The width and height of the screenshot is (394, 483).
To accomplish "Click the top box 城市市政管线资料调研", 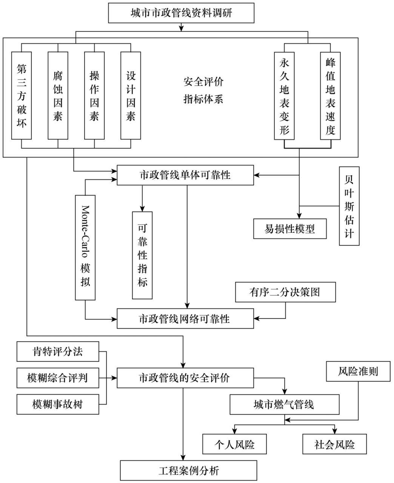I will click(181, 13).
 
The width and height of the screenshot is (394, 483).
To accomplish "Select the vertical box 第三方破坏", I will click(22, 95).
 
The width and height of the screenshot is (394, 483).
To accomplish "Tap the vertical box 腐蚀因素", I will click(58, 95).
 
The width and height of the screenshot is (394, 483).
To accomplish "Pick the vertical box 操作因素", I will click(94, 95).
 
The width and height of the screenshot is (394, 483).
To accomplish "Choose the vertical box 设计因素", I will click(131, 95).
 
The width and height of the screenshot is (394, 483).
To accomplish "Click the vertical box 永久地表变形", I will click(284, 95).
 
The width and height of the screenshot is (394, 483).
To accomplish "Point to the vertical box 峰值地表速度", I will click(330, 95).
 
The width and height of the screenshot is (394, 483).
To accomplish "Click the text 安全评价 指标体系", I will click(203, 91).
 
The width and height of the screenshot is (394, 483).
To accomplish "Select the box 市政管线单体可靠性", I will click(185, 175).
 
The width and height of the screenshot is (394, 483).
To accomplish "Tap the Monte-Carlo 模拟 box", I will click(85, 248).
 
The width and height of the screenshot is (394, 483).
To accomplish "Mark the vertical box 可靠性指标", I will click(142, 255).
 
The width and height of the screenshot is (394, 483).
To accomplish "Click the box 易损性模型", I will click(290, 229).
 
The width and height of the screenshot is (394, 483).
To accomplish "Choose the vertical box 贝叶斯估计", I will click(349, 206).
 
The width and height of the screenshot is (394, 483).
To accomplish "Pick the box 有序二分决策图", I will click(285, 292).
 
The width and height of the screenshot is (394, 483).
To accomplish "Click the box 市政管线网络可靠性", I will click(185, 318).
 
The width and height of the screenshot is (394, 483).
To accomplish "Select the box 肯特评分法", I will click(58, 352).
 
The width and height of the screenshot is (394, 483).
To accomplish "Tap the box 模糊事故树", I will click(58, 405).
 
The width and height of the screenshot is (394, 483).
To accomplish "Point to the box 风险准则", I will click(358, 371).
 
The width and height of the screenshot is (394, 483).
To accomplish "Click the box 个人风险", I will click(235, 444).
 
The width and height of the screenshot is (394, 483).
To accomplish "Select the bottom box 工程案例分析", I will click(189, 471).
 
